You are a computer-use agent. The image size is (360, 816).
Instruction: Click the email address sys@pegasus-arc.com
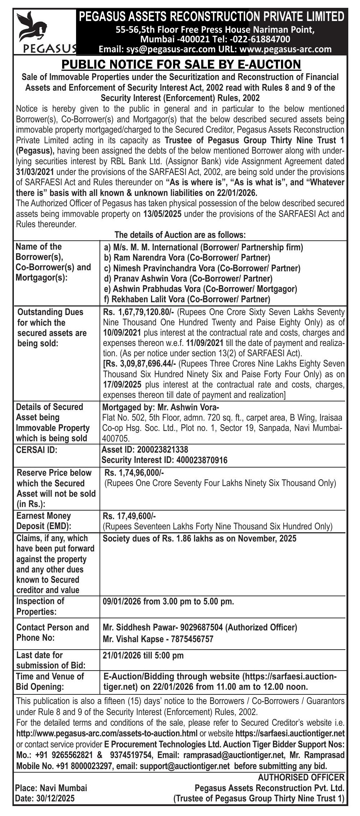click(x=157, y=49)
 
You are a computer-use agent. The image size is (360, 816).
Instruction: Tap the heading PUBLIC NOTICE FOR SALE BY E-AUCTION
click(x=181, y=65)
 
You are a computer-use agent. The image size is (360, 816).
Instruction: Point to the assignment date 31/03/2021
click(x=35, y=172)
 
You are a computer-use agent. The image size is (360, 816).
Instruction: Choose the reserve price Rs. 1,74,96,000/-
click(x=134, y=473)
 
